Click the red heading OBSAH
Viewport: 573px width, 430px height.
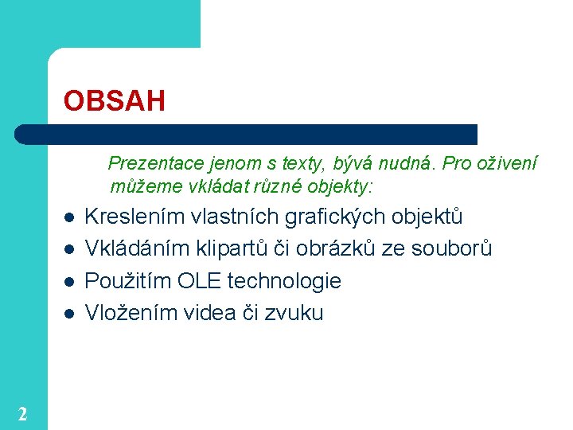coord(115,100)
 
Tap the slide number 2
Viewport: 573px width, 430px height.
coord(22,414)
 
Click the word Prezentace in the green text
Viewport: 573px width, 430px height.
coord(156,163)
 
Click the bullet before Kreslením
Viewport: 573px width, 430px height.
coord(69,218)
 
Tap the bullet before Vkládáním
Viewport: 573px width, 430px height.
coord(69,250)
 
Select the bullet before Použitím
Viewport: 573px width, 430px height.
coord(69,282)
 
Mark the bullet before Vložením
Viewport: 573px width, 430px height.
coord(69,314)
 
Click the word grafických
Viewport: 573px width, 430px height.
coord(335,217)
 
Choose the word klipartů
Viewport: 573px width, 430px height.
coord(232,248)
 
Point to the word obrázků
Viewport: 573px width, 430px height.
coord(336,248)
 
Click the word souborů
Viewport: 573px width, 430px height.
coord(451,248)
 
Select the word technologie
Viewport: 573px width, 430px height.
coord(284,281)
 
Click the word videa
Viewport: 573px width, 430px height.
coord(209,313)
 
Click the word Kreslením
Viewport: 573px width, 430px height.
coord(134,217)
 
